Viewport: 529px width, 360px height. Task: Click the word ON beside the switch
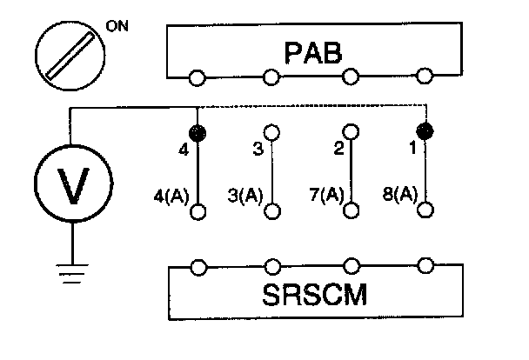(117, 25)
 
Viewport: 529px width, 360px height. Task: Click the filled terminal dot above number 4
(198, 132)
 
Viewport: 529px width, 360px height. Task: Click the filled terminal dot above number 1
(425, 132)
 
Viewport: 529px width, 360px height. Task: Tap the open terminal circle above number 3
(273, 132)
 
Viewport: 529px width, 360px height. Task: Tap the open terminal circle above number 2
(351, 132)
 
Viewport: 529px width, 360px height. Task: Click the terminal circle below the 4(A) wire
(199, 211)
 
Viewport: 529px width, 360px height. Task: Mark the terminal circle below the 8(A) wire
(425, 210)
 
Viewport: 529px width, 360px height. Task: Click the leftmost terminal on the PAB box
(198, 78)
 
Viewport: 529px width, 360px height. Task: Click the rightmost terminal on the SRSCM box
(426, 265)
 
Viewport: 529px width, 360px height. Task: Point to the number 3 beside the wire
(258, 149)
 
